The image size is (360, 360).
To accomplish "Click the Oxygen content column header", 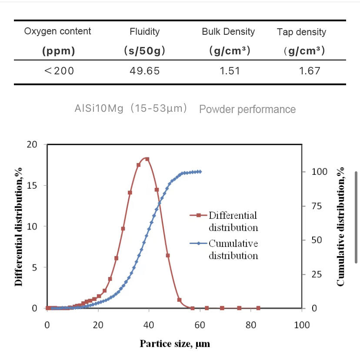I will [57, 31].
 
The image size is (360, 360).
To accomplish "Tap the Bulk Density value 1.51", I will [230, 70].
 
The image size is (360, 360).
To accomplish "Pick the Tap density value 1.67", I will [310, 70].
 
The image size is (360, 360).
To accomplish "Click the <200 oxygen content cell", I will [59, 70].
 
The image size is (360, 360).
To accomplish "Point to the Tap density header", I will [301, 32].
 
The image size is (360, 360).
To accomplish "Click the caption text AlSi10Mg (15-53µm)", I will [131, 108].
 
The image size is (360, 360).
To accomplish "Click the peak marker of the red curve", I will [147, 159].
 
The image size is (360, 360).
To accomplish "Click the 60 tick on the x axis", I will [200, 325].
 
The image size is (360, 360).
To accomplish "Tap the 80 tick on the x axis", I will [251, 325].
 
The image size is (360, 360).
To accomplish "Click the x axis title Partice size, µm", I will [175, 343].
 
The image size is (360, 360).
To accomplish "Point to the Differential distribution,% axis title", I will [19, 227].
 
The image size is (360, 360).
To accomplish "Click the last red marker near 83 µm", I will [258, 308].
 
